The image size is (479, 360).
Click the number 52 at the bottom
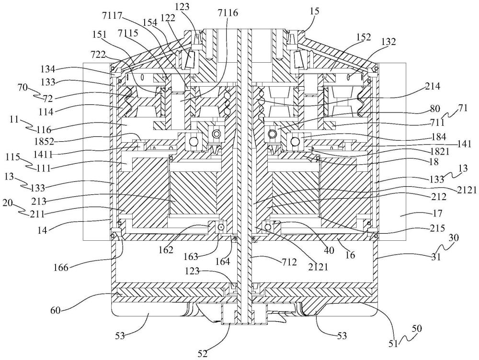point(203,354)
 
